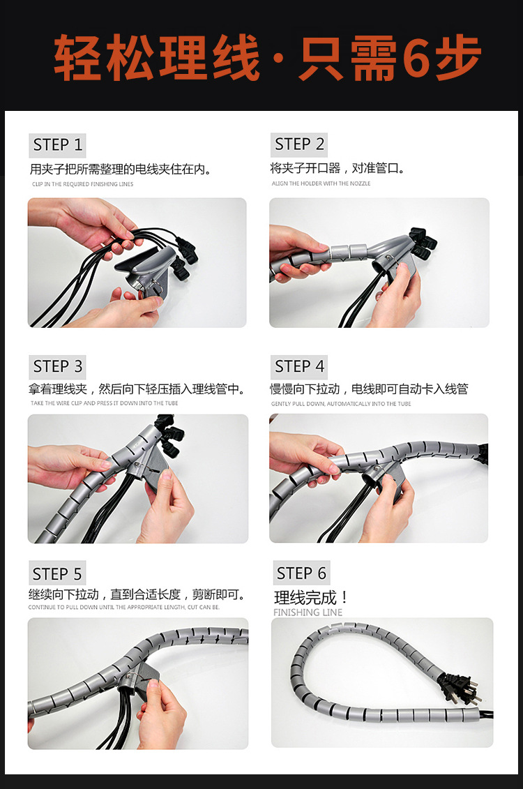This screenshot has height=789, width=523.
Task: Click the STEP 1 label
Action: point(58,145)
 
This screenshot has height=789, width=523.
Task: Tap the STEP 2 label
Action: point(299,144)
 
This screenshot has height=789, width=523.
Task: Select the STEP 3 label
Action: point(58,366)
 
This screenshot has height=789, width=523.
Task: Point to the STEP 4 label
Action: point(299,366)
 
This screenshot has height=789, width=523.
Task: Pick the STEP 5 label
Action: point(57,574)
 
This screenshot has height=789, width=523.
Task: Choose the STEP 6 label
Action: point(301,573)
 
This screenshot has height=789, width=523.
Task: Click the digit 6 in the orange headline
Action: point(418,57)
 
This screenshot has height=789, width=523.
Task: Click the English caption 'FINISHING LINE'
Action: point(308,613)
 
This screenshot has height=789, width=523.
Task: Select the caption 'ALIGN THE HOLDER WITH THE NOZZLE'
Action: point(321,183)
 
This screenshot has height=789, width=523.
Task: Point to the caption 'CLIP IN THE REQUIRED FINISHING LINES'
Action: point(82,184)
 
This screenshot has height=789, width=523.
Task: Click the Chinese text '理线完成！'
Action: point(311,598)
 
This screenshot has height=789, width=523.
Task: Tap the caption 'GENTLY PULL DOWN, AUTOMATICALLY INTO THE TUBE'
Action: point(341,404)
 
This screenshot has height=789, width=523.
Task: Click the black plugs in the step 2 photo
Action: point(422,241)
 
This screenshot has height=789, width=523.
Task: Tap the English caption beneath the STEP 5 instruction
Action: point(123,608)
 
